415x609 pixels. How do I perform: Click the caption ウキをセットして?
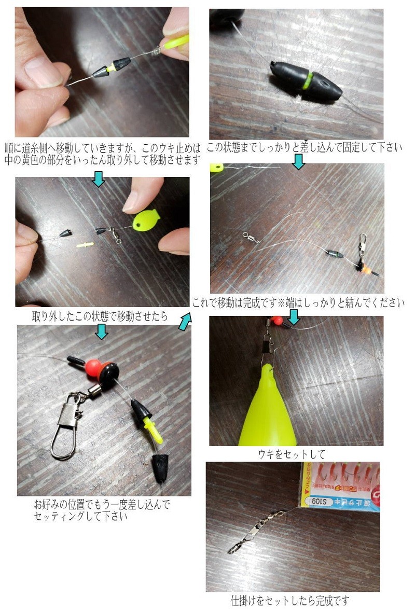coord(292,454)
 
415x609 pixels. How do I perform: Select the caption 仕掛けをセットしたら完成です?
coord(290,601)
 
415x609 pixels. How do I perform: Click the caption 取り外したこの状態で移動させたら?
coord(100,316)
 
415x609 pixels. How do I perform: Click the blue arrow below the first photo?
coord(98,178)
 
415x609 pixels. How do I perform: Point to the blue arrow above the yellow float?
coord(294,317)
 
